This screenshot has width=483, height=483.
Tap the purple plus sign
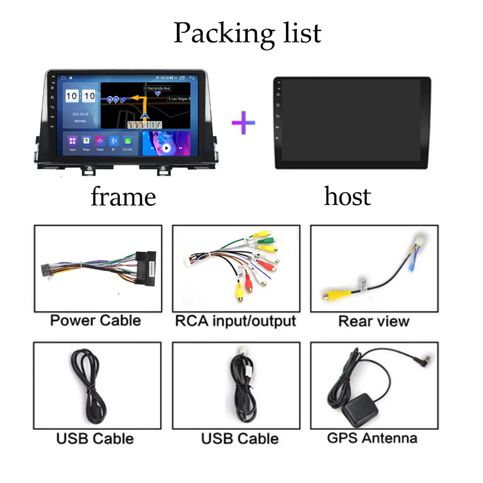pyautogui.click(x=243, y=122)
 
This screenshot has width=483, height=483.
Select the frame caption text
pyautogui.click(x=123, y=197)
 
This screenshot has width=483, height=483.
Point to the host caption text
pyautogui.click(x=347, y=196)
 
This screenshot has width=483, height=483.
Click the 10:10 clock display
pyautogui.click(x=80, y=96)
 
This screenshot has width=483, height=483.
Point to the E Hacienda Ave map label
pyautogui.click(x=157, y=88)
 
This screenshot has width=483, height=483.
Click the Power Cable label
pyautogui.click(x=96, y=320)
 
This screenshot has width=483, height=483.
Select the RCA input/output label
pyautogui.click(x=235, y=320)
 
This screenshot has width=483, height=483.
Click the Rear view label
pyautogui.click(x=374, y=321)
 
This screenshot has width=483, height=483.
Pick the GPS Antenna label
pyautogui.click(x=372, y=438)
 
